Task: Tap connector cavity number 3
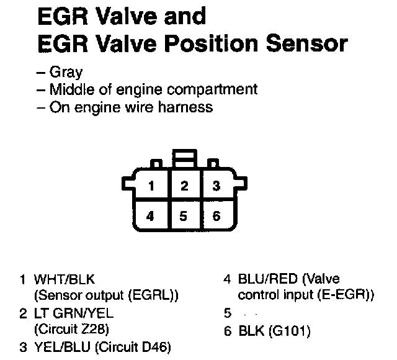[216, 185]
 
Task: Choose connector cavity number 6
[216, 217]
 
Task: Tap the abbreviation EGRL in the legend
[155, 296]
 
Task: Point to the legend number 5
[227, 313]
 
